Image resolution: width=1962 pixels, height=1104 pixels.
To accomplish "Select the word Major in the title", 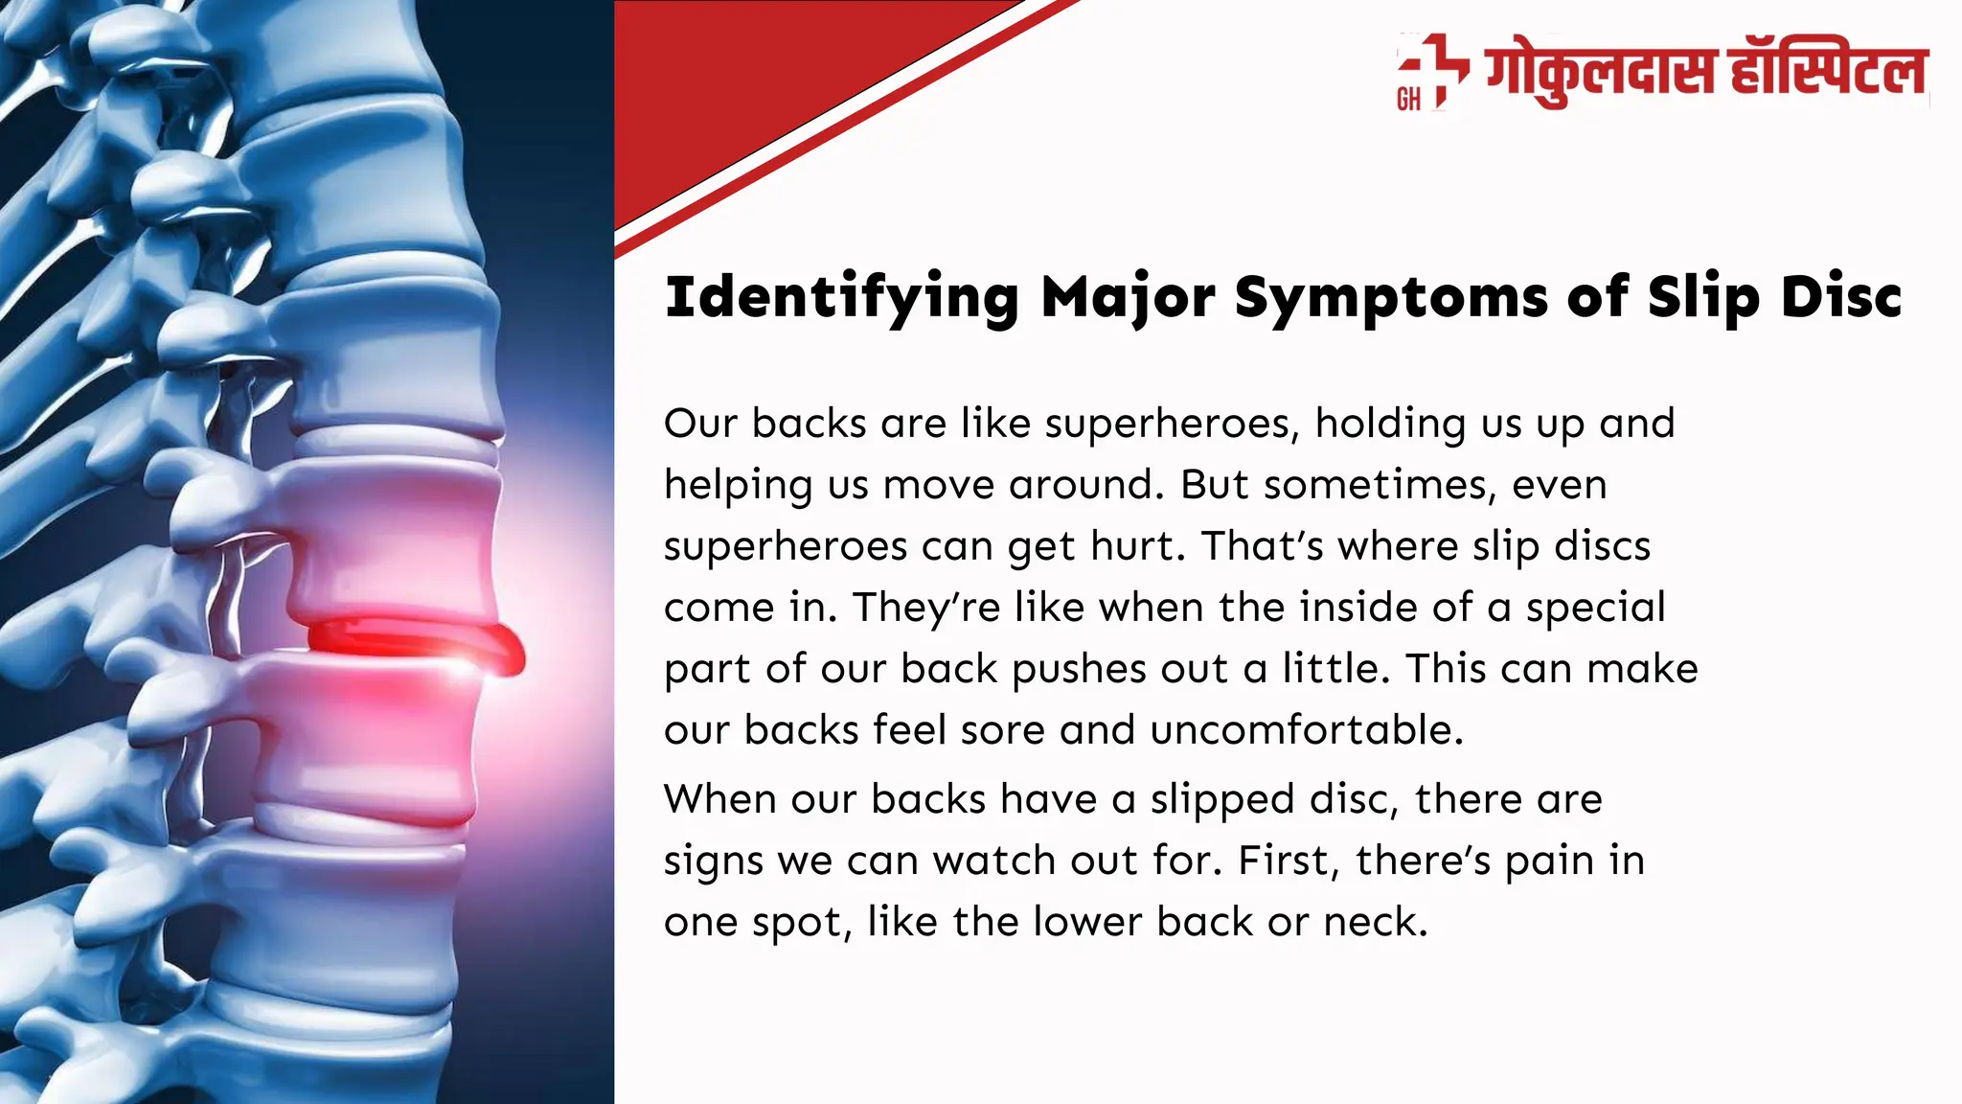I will (1128, 298).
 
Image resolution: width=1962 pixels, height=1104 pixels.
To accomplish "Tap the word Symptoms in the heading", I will (1391, 298).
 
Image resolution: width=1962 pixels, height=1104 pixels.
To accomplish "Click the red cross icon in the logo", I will (1434, 68).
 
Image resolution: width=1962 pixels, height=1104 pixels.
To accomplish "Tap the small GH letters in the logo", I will (1408, 99).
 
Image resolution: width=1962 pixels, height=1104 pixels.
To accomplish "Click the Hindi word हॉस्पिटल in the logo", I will (1827, 71).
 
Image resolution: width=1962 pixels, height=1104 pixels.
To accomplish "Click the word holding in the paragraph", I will (1390, 424).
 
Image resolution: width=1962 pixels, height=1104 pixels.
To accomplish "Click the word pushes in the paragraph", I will (1071, 669).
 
